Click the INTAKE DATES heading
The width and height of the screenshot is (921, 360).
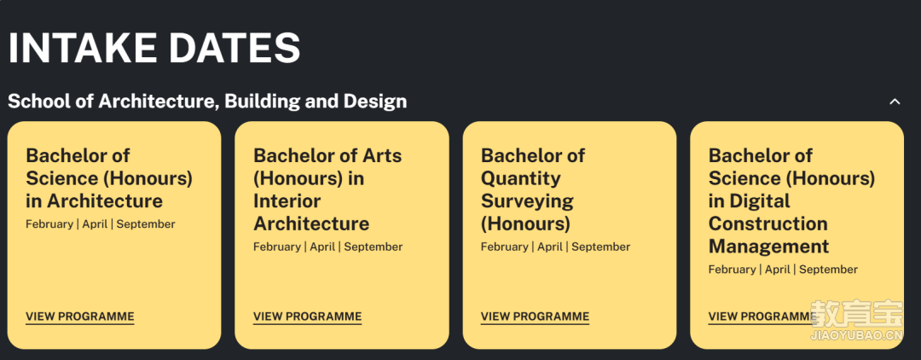(x=153, y=48)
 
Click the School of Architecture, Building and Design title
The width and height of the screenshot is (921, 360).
(x=207, y=101)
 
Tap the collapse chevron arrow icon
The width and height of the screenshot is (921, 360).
(x=895, y=102)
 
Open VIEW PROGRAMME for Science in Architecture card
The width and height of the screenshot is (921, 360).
(x=80, y=316)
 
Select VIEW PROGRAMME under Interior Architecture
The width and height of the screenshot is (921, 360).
(x=307, y=316)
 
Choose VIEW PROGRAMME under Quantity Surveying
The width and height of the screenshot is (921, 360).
(x=535, y=316)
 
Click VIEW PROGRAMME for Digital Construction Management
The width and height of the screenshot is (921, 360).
(x=762, y=316)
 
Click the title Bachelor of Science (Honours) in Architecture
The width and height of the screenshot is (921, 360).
(x=109, y=178)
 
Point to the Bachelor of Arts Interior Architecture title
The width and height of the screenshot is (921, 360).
(x=327, y=189)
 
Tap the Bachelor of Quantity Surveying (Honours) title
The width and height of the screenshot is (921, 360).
(x=533, y=189)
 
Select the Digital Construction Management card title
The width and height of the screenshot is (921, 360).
(x=791, y=200)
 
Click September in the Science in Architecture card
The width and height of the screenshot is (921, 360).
(x=146, y=224)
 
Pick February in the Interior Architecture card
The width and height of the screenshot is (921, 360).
(x=276, y=247)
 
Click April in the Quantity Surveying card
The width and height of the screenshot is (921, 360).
(x=550, y=247)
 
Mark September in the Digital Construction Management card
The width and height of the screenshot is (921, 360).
(x=828, y=270)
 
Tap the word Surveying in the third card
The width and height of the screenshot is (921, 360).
(x=527, y=201)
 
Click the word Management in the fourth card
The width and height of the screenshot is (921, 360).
(x=768, y=247)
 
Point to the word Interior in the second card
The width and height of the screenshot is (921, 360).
(x=287, y=200)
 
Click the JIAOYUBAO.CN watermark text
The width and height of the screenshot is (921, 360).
(x=857, y=336)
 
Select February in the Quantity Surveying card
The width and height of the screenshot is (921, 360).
(x=504, y=247)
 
